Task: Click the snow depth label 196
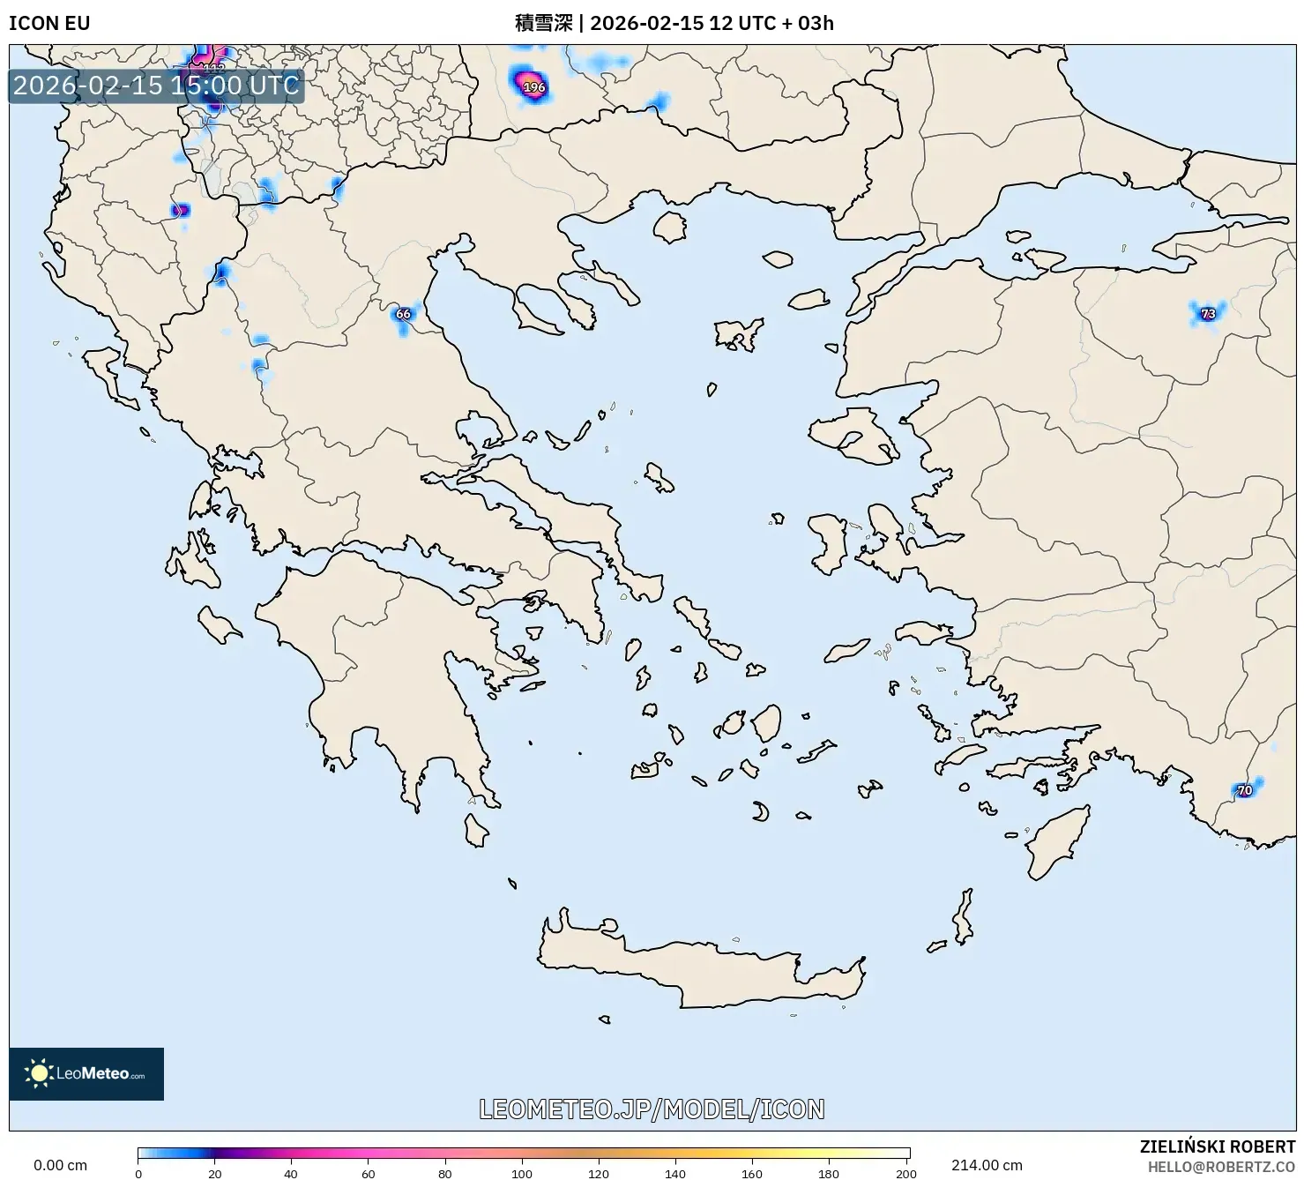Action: (x=534, y=87)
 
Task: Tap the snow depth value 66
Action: (x=403, y=314)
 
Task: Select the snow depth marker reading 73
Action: (x=1208, y=313)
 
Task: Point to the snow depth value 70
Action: (x=1244, y=790)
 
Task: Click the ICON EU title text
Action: (x=49, y=23)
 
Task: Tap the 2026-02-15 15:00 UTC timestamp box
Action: (x=156, y=86)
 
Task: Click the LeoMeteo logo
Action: (x=86, y=1073)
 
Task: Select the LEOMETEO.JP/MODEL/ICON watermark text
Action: (x=652, y=1109)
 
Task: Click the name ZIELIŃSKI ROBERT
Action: (x=1217, y=1147)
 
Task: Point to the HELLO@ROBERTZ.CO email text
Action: (x=1221, y=1166)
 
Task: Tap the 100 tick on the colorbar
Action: (x=522, y=1173)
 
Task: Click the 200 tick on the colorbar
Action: (x=905, y=1173)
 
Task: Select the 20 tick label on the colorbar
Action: (x=215, y=1173)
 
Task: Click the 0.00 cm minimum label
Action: (x=60, y=1165)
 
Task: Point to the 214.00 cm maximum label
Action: (x=987, y=1165)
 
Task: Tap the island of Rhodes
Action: (x=1054, y=842)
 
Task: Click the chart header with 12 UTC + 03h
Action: (x=674, y=23)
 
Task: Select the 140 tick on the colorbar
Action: (x=675, y=1173)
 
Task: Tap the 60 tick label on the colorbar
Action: (x=369, y=1173)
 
